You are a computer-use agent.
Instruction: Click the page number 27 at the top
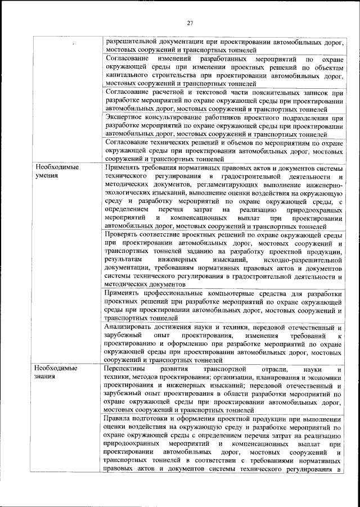[x=190, y=22]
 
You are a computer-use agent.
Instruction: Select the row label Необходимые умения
[x=57, y=172]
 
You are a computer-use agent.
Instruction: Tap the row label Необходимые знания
[x=57, y=373]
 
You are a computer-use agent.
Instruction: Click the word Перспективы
[x=129, y=369]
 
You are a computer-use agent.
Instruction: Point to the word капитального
[x=130, y=74]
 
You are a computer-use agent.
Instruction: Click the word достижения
[x=188, y=328]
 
